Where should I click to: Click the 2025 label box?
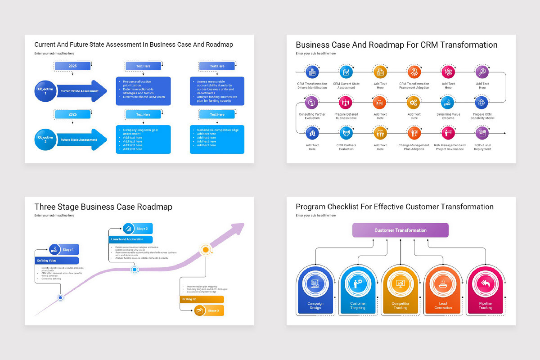coord(72,66)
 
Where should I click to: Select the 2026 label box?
coord(72,115)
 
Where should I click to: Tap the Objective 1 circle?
coord(45,91)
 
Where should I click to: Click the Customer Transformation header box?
coord(400,230)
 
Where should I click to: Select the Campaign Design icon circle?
coord(315,284)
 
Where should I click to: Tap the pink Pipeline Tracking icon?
coord(485,284)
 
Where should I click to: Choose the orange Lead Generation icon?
coord(443,284)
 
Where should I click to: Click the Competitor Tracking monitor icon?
coord(400,284)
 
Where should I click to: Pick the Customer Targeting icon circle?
coord(358,284)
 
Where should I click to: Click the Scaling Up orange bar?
coord(202,299)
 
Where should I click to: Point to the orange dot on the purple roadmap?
coord(206,250)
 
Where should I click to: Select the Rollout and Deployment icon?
coord(482,133)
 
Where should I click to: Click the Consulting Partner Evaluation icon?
coord(312,103)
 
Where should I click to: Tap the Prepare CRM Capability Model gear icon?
coord(482,103)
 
